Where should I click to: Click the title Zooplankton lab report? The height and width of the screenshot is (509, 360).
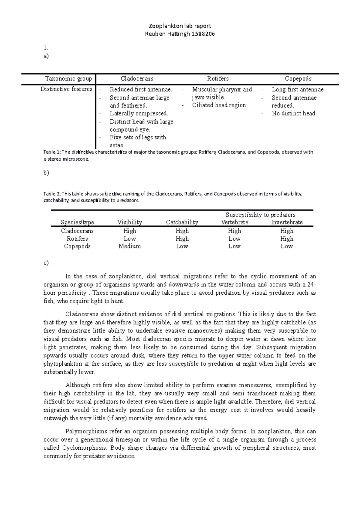[180, 26]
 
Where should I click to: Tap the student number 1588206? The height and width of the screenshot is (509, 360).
[203, 34]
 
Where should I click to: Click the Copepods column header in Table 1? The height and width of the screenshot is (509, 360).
[298, 79]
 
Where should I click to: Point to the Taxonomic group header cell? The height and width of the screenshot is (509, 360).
[68, 79]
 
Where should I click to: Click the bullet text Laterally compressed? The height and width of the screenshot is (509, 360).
[139, 114]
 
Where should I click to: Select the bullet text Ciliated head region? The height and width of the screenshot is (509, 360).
[220, 105]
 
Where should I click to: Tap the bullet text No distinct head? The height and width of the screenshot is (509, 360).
[294, 114]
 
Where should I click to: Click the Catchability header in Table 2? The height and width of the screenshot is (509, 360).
[182, 222]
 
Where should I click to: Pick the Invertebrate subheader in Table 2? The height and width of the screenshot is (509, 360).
[286, 222]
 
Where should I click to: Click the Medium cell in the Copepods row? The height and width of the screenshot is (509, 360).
[130, 246]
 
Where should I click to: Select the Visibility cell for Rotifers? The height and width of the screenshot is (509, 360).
[130, 239]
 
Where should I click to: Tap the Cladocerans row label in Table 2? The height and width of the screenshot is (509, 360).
[77, 231]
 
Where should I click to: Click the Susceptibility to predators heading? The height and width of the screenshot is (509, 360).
[260, 215]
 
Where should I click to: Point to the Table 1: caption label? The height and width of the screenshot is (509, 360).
[52, 152]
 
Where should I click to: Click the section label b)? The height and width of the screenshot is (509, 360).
[46, 173]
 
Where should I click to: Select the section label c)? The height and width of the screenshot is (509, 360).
[46, 263]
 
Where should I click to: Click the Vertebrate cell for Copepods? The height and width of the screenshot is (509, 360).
[234, 246]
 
